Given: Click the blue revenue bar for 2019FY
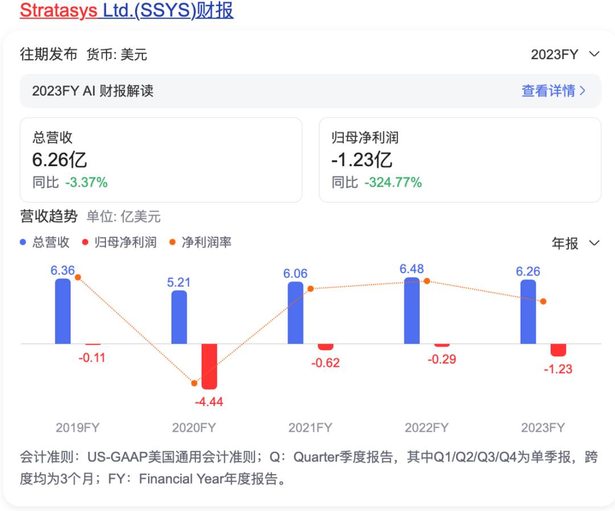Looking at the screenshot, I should click(63, 311).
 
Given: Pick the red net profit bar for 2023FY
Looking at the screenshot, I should click(558, 350).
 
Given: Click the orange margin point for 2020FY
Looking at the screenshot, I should click(194, 383).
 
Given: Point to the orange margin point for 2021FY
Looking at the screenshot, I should click(310, 289).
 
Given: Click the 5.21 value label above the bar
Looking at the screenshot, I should click(179, 282).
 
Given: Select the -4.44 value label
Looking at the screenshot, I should click(209, 402).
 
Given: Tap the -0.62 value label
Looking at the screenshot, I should click(325, 362).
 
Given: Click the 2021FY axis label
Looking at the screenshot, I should click(310, 428).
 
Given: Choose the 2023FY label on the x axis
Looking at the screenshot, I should click(543, 428).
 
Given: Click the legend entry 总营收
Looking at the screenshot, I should click(45, 242).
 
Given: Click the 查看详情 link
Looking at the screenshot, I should click(553, 90).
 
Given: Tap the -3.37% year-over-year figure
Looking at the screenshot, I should click(86, 183).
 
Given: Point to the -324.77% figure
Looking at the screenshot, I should click(393, 183).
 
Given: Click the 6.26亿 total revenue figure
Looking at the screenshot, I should click(60, 160).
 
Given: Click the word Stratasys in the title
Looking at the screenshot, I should click(59, 10).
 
